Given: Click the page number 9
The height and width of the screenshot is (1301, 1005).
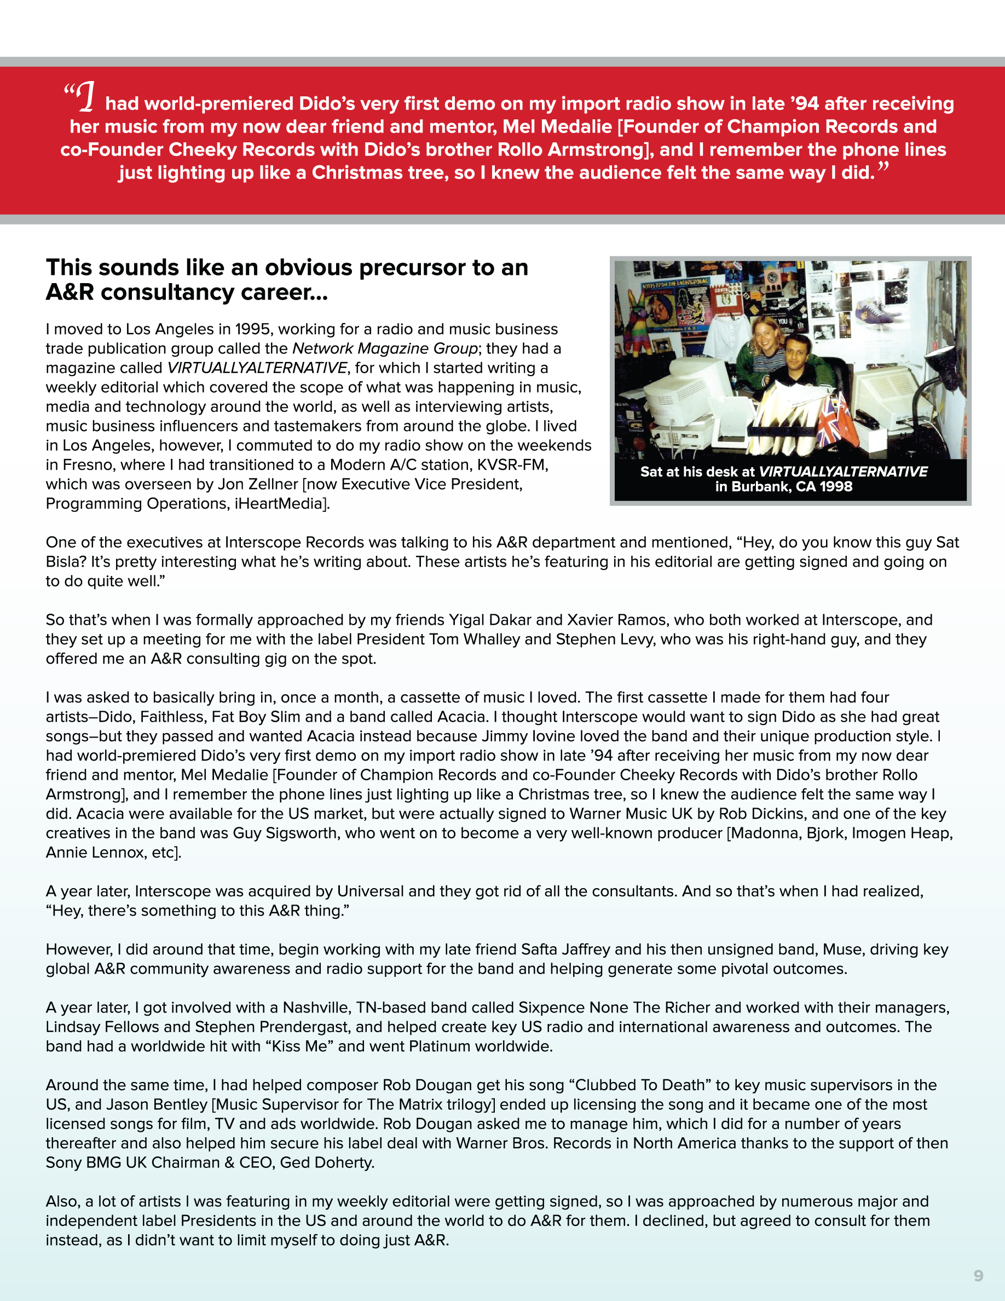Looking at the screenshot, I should coord(978,1275).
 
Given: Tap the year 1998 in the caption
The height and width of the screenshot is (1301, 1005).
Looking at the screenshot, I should coord(836,487).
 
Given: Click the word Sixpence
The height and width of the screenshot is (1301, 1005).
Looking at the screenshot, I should coord(551,1008).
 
